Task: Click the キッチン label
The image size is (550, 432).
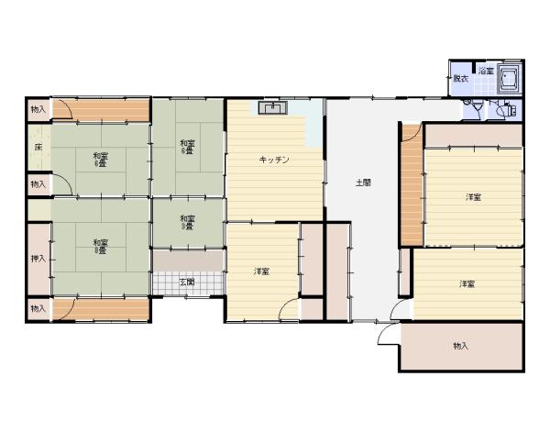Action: pyautogui.click(x=274, y=160)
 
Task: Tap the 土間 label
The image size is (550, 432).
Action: pyautogui.click(x=363, y=183)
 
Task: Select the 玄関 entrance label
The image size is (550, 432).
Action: pyautogui.click(x=187, y=282)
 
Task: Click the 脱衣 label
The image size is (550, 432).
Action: pyautogui.click(x=460, y=80)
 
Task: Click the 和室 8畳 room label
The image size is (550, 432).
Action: pyautogui.click(x=100, y=245)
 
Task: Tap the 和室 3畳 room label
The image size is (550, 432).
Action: pyautogui.click(x=187, y=221)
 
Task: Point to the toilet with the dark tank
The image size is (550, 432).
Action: pyautogui.click(x=478, y=108)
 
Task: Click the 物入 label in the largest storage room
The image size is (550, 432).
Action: pyautogui.click(x=460, y=346)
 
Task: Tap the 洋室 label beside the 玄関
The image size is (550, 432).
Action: pyautogui.click(x=262, y=271)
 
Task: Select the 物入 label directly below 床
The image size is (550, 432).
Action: pyautogui.click(x=38, y=184)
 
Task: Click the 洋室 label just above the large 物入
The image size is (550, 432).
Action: pyautogui.click(x=467, y=283)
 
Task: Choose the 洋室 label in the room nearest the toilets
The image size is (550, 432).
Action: pyautogui.click(x=472, y=196)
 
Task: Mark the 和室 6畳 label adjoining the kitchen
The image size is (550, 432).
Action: pyautogui.click(x=187, y=146)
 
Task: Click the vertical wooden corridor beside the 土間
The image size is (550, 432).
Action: pyautogui.click(x=410, y=188)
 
